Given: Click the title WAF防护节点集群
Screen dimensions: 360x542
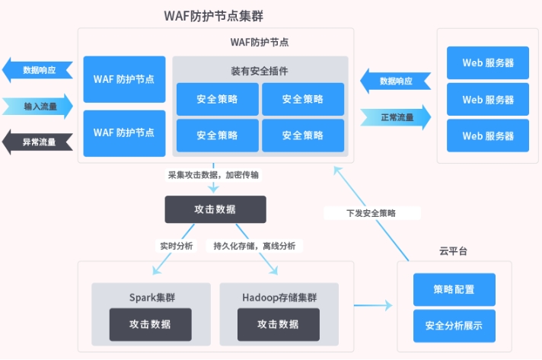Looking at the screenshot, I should (214, 16).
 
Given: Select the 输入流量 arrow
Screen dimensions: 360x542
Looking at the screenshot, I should (38, 106).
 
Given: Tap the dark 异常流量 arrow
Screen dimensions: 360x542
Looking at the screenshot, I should (38, 142).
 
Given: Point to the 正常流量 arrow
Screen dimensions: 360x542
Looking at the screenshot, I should (395, 117).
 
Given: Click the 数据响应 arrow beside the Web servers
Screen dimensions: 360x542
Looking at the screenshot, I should (395, 81).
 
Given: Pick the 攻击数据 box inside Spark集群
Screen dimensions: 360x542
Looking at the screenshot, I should (149, 324).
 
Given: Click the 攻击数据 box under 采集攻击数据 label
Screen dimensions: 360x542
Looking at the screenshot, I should (215, 209).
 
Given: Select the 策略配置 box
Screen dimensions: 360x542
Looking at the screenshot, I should (454, 289).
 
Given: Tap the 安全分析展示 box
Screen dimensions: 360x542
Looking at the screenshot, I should (454, 326).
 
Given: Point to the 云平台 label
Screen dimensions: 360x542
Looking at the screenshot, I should (453, 251).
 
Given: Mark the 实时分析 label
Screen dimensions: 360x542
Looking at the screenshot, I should (176, 246).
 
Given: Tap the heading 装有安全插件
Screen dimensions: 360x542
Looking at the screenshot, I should (260, 70).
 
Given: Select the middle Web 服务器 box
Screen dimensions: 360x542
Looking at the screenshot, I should (488, 100).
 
